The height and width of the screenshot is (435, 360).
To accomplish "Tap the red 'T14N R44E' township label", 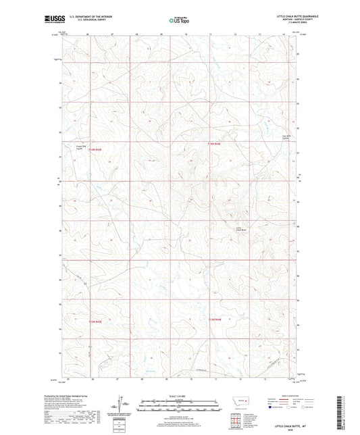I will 214,143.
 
